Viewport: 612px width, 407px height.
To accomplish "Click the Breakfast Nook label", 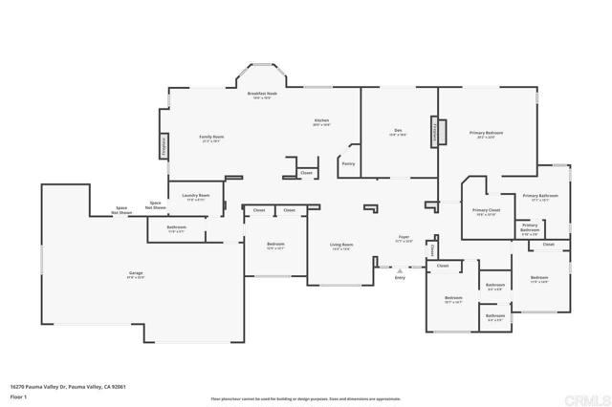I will pyautogui.click(x=261, y=94).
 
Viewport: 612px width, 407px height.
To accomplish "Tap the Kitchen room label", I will pyautogui.click(x=321, y=121).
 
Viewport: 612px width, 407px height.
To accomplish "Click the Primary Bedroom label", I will pyautogui.click(x=486, y=133).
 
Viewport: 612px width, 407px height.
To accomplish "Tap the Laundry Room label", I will pyautogui.click(x=195, y=197).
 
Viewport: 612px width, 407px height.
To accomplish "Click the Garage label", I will pyautogui.click(x=136, y=273).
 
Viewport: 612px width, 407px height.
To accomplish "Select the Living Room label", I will pyautogui.click(x=340, y=246).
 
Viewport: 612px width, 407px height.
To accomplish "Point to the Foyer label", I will pyautogui.click(x=404, y=238).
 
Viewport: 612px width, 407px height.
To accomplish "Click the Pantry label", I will pyautogui.click(x=348, y=163).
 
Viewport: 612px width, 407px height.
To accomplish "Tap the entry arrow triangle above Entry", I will pyautogui.click(x=400, y=269).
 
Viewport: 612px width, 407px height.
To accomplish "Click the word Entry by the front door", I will pyautogui.click(x=400, y=277).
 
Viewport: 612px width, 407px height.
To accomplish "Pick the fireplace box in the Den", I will pyautogui.click(x=435, y=131).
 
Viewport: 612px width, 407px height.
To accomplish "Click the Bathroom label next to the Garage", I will pyautogui.click(x=176, y=227).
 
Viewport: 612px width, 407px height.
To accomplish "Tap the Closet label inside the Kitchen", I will pyautogui.click(x=306, y=173).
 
